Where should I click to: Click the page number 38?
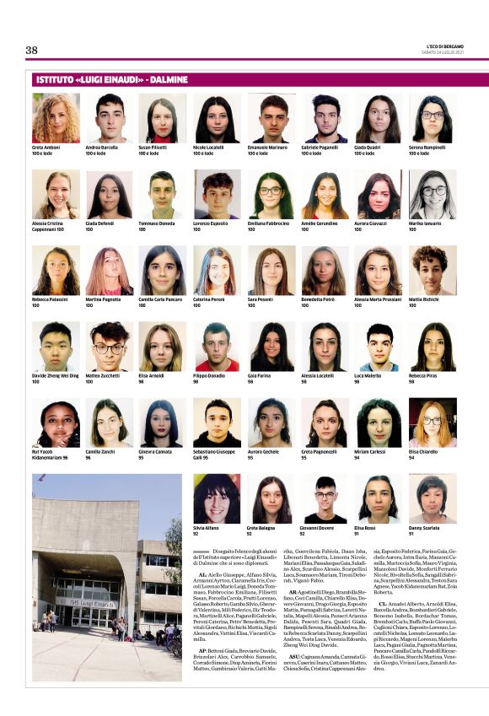click(32, 50)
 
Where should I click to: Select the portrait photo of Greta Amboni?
click(56, 118)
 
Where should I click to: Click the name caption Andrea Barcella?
click(101, 148)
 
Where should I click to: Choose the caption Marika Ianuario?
click(427, 224)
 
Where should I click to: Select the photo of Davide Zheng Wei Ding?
click(56, 347)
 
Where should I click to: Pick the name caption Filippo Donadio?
click(210, 376)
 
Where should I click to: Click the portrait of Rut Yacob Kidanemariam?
click(56, 423)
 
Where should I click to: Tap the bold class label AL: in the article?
click(202, 573)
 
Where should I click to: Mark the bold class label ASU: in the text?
click(294, 654)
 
